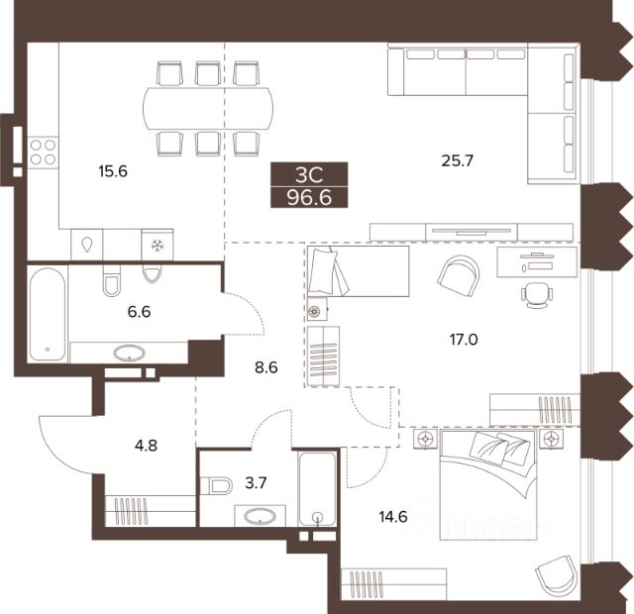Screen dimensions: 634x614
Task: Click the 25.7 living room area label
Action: pyautogui.click(x=458, y=160)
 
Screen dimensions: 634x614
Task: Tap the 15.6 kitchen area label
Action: pyautogui.click(x=113, y=171)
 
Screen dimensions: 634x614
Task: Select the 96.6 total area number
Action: pyautogui.click(x=309, y=198)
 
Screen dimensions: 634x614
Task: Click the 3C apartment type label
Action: pyautogui.click(x=309, y=175)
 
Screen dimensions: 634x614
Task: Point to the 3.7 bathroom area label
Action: pyautogui.click(x=256, y=482)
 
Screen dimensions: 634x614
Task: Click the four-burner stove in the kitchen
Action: pyautogui.click(x=43, y=152)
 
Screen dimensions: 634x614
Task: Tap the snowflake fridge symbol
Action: pyautogui.click(x=157, y=245)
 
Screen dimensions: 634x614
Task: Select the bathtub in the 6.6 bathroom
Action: pyautogui.click(x=48, y=314)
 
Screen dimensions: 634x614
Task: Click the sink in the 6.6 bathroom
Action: pyautogui.click(x=130, y=353)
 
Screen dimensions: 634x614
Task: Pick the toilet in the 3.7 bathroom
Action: pyautogui.click(x=216, y=485)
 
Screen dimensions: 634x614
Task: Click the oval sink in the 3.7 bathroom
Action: pyautogui.click(x=261, y=516)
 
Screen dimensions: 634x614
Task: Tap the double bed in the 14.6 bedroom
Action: pyautogui.click(x=488, y=485)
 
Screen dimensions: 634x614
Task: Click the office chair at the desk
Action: pyautogui.click(x=537, y=295)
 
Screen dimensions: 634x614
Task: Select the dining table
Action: pyautogui.click(x=208, y=108)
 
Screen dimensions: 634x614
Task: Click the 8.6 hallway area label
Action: pyautogui.click(x=266, y=367)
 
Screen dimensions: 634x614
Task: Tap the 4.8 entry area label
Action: pyautogui.click(x=146, y=446)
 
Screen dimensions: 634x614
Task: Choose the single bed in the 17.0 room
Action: pyautogui.click(x=358, y=270)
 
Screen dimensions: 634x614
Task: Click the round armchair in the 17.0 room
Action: pyautogui.click(x=459, y=274)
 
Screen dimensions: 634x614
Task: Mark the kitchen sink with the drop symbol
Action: pyautogui.click(x=87, y=245)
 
